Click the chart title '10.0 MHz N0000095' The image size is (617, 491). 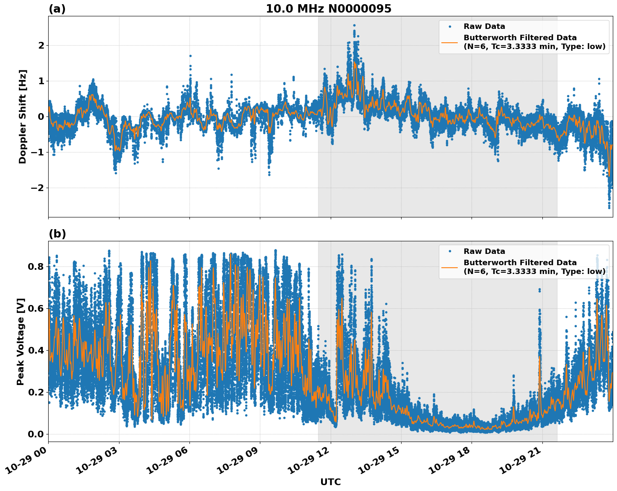pos(329,9)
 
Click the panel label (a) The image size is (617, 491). pos(57,9)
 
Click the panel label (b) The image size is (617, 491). pos(57,234)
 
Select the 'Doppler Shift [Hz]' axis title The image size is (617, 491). pos(23,116)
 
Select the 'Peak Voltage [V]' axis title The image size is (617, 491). pos(21,341)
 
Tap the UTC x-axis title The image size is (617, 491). pos(330,482)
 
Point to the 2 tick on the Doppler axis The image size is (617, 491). pos(41,45)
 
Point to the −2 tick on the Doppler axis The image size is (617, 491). pos(38,188)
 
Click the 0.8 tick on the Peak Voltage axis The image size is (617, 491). pos(36,266)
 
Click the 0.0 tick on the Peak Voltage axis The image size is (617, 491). pos(36,434)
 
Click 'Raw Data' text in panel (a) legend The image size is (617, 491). pos(484,26)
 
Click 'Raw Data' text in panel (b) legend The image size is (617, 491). pos(484,251)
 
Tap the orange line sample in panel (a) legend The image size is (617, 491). pos(450,42)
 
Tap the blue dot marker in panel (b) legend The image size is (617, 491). pos(450,251)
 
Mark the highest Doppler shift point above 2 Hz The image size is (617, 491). pos(354,26)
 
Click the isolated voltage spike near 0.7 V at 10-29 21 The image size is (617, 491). pos(539,289)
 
